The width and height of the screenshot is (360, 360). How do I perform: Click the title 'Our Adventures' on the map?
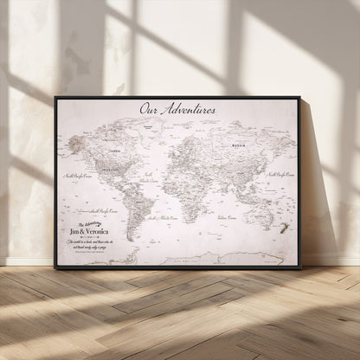(x=177, y=110)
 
